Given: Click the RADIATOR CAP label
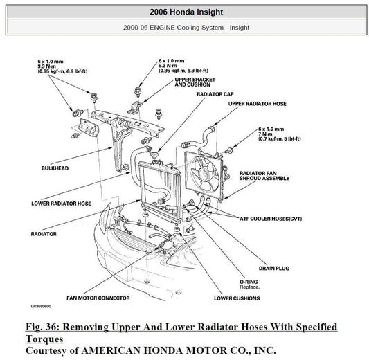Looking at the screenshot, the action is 215,94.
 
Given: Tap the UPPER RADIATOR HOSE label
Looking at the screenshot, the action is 258,104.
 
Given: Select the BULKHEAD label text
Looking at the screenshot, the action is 55,168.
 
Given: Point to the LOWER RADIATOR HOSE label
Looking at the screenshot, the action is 61,204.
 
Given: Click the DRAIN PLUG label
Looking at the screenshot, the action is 274,268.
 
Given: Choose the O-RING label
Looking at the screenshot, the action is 249,282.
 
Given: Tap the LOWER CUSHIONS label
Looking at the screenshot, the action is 237,298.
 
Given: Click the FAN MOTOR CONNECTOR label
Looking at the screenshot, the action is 98,298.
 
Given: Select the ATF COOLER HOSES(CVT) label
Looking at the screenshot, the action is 271,219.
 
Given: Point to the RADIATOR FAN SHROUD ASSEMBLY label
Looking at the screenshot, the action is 264,176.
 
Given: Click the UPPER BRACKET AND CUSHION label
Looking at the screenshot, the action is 195,82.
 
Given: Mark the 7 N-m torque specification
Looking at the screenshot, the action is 265,134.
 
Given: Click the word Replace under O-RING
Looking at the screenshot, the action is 249,287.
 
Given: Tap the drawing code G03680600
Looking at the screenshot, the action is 41,307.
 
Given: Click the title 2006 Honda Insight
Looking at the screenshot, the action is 186,12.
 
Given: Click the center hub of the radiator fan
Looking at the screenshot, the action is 204,174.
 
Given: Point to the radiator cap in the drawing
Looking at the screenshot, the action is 154,155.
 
